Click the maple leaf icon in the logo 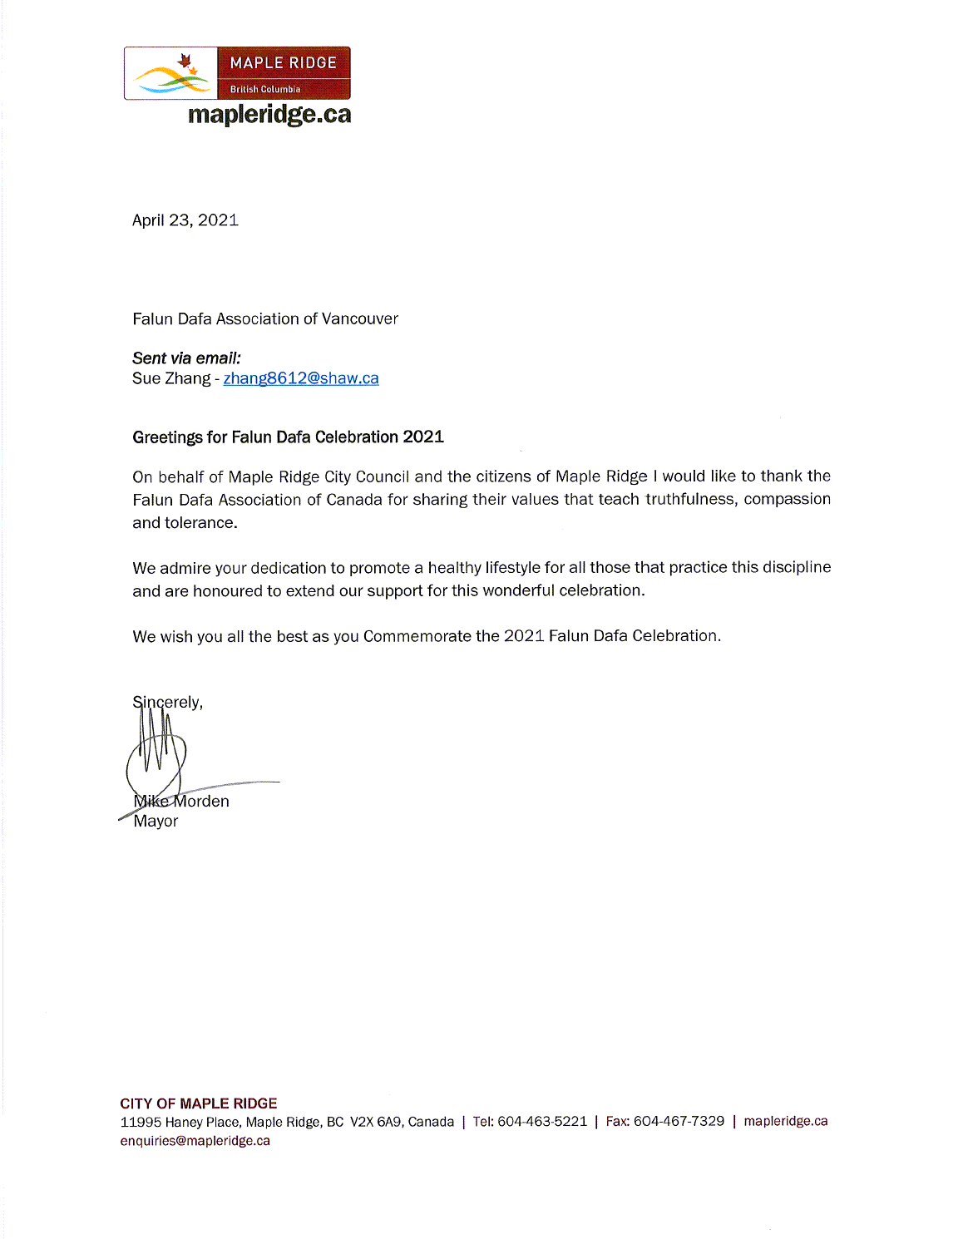point(185,61)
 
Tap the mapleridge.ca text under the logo point(269,114)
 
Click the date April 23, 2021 point(185,220)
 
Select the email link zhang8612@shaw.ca point(301,378)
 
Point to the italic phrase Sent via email point(186,358)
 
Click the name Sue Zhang point(171,378)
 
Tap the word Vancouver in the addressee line point(360,319)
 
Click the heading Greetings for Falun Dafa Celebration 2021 point(288,437)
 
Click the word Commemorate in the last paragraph point(417,636)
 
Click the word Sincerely point(167,703)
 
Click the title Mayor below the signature point(156,822)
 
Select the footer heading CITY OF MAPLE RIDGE point(199,1103)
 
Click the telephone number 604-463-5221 point(542,1122)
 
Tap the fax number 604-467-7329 point(679,1122)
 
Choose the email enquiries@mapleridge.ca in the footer point(195,1141)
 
